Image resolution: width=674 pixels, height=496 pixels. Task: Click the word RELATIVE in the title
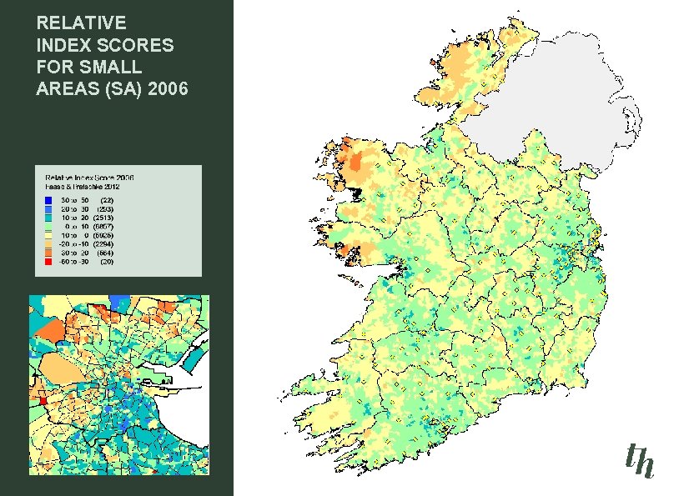tap(81, 23)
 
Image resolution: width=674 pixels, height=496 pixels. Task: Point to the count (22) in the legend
tap(106, 201)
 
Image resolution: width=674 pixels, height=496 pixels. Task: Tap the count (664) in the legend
tap(103, 253)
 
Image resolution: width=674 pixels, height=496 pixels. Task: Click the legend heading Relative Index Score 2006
tap(89, 178)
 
